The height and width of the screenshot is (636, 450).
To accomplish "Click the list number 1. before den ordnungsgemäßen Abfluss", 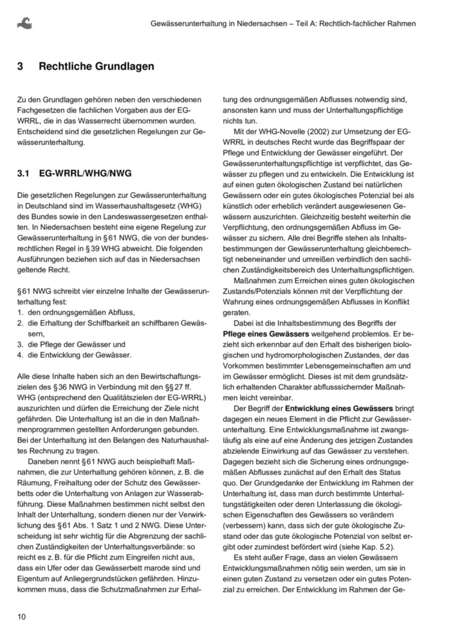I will tap(20, 312).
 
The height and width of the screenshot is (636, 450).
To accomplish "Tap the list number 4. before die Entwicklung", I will tap(20, 355).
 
